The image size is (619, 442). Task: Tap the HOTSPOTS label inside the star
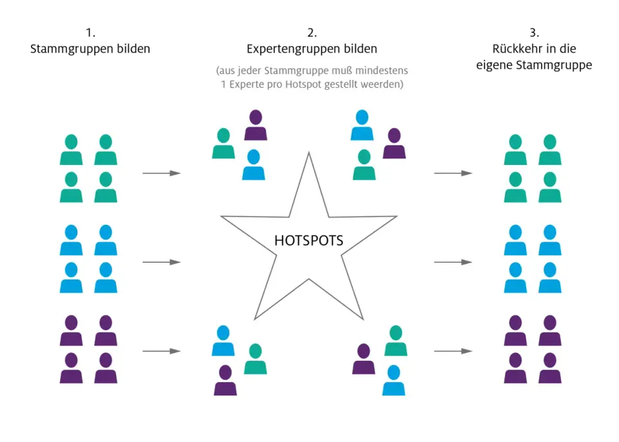(x=309, y=240)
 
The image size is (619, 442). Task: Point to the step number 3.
(x=534, y=32)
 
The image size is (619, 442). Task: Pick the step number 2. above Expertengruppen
(x=312, y=32)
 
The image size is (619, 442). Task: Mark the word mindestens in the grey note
(x=382, y=71)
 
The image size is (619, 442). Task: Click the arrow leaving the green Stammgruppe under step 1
(x=161, y=173)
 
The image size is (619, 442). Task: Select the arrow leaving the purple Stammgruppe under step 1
(x=161, y=351)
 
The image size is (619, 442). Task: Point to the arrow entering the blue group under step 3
(x=453, y=262)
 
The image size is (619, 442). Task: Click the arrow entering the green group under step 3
(x=453, y=173)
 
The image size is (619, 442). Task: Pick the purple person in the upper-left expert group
(x=256, y=125)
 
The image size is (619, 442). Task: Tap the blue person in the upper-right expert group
(x=362, y=125)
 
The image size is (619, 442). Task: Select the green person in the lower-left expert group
(x=255, y=359)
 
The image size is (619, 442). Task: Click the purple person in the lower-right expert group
(x=364, y=359)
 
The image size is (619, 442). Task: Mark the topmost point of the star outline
(x=309, y=153)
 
